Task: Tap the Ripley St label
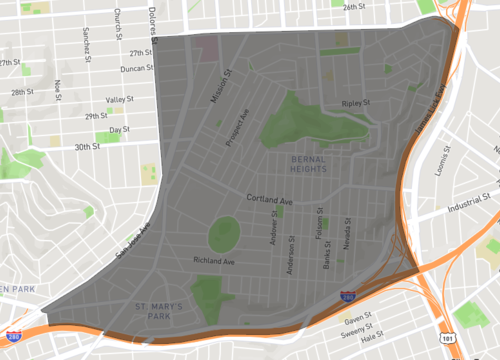pyautogui.click(x=355, y=103)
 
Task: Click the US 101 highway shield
pyautogui.click(x=444, y=339)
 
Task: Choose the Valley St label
pyautogui.click(x=120, y=100)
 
